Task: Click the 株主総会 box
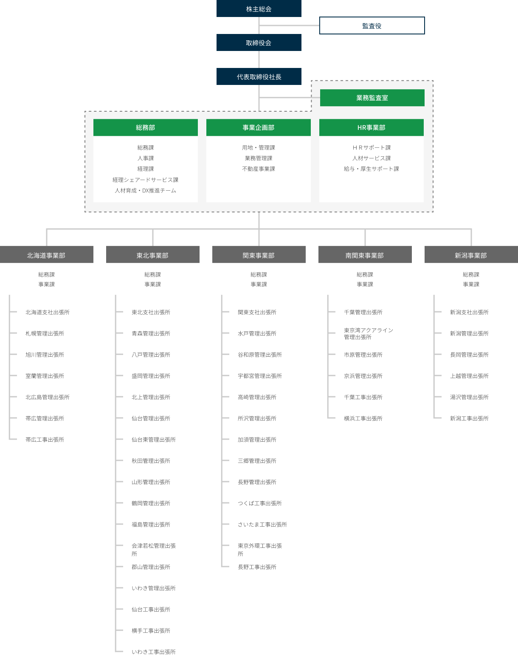pyautogui.click(x=259, y=8)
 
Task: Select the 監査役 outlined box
pyautogui.click(x=372, y=25)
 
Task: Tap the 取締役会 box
pyautogui.click(x=259, y=42)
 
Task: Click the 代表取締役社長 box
pyautogui.click(x=259, y=76)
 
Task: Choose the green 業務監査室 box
pyautogui.click(x=372, y=98)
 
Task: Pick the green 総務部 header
pyautogui.click(x=146, y=127)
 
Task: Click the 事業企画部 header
pyautogui.click(x=259, y=127)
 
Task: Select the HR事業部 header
pyautogui.click(x=372, y=127)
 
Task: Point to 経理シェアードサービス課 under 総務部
pyautogui.click(x=146, y=180)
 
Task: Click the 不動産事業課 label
pyautogui.click(x=259, y=169)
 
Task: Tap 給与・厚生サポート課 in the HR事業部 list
pyautogui.click(x=372, y=169)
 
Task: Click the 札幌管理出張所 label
pyautogui.click(x=45, y=333)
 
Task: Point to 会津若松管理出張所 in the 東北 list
pyautogui.click(x=154, y=550)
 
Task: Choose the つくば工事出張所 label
pyautogui.click(x=259, y=503)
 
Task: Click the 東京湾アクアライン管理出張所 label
pyautogui.click(x=368, y=333)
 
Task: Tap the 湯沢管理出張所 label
pyautogui.click(x=469, y=397)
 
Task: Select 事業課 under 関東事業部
pyautogui.click(x=259, y=284)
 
